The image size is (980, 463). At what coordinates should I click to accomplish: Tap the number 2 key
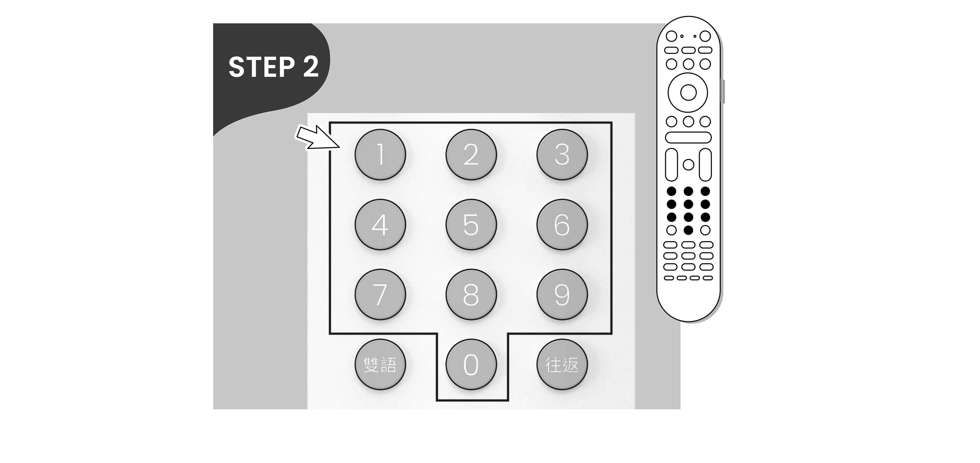point(471,154)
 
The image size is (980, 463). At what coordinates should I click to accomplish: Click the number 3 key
point(562,154)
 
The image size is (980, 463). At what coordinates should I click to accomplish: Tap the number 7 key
point(380,294)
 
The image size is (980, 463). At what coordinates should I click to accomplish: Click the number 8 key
point(471,294)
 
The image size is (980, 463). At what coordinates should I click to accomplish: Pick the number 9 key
point(562,294)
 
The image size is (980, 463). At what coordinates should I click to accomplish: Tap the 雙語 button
point(380,364)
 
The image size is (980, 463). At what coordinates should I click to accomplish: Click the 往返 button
point(562,364)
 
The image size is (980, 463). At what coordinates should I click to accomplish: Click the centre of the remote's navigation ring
point(688,92)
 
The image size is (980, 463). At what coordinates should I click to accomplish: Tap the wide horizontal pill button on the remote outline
point(688,137)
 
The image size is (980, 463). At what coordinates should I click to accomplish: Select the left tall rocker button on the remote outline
point(671,165)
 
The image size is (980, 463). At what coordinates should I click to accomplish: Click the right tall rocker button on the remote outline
point(705,165)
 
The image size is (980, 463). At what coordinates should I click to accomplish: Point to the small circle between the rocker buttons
point(688,165)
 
